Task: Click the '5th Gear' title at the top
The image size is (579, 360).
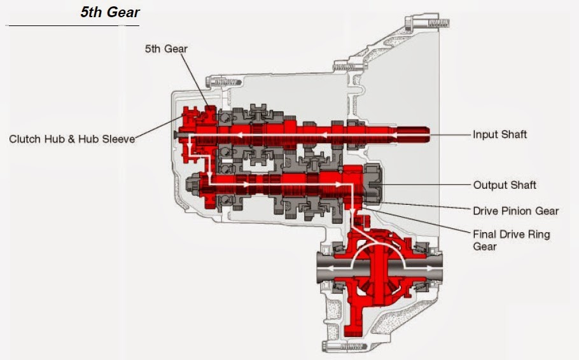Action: tap(110, 12)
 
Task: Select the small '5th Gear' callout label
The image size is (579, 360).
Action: tap(166, 48)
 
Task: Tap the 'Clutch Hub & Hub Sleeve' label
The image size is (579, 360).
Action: tap(72, 139)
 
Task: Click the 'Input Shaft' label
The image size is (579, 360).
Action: tap(499, 135)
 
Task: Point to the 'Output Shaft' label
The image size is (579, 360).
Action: tap(505, 185)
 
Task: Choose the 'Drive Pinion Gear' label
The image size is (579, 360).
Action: tap(515, 211)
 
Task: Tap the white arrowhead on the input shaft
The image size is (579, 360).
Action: tap(321, 134)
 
